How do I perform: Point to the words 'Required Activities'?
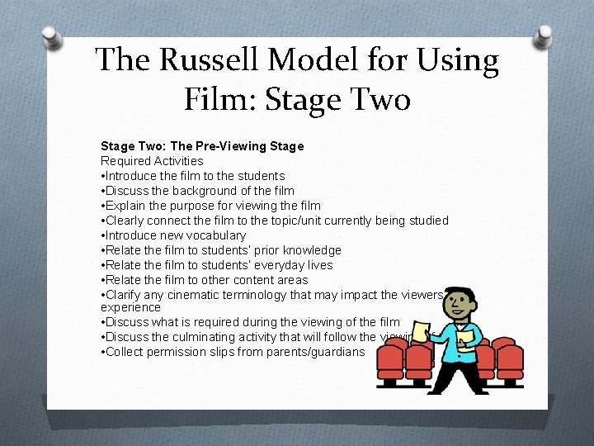152,161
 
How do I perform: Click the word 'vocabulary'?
217,235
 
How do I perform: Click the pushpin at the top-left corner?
51,37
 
